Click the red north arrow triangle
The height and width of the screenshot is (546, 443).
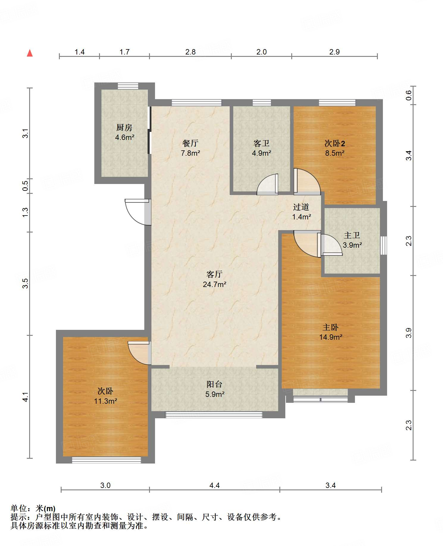pos(30,53)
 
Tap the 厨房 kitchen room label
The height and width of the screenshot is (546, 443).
pos(125,132)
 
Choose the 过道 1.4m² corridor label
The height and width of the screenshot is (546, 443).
pos(301,212)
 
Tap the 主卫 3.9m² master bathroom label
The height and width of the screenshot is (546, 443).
pos(352,240)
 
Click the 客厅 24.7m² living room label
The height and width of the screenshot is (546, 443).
pos(215,279)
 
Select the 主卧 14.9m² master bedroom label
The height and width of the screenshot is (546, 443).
pos(331,332)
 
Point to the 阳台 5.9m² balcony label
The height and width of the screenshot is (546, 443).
pos(215,389)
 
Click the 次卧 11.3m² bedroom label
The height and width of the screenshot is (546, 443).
pos(105,396)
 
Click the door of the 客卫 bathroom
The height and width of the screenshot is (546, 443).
pos(267,185)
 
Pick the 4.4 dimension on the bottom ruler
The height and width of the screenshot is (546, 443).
pos(215,486)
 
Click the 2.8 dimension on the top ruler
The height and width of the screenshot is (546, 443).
pos(190,52)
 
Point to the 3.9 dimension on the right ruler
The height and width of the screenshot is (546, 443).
pos(409,333)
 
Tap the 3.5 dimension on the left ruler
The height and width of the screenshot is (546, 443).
pos(25,283)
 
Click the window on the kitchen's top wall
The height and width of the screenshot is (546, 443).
pos(128,86)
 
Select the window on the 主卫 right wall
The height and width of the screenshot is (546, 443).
pos(384,246)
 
